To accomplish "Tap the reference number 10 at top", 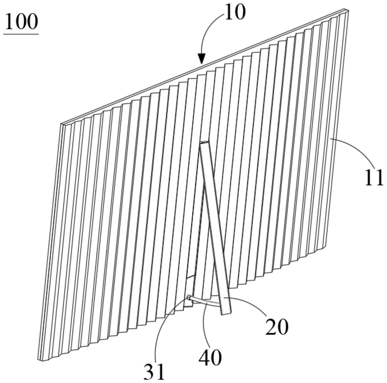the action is click(235, 13).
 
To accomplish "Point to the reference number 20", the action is click(277, 327).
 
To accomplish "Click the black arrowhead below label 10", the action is click(201, 59).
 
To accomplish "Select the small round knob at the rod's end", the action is click(189, 297).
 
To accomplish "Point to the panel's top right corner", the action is click(348, 10).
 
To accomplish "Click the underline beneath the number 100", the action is click(21, 34).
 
